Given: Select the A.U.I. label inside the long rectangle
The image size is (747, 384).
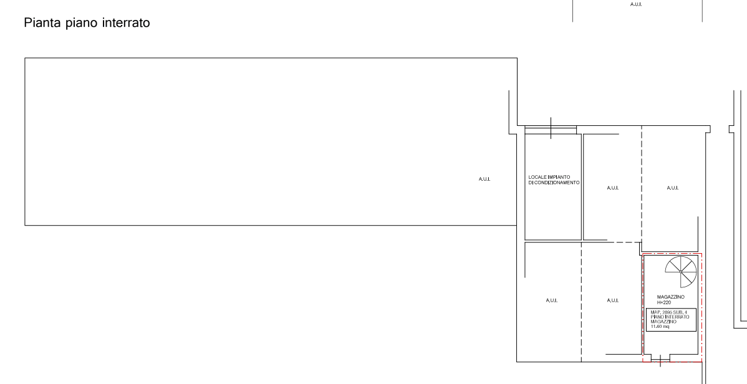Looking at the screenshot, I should click(484, 179).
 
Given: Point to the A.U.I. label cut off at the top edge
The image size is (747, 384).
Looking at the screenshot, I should click(636, 4).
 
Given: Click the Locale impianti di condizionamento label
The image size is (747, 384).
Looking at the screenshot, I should click(554, 180).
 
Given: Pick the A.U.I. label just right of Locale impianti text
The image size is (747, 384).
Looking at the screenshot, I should click(612, 188).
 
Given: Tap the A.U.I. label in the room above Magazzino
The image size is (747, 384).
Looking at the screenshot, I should click(672, 188).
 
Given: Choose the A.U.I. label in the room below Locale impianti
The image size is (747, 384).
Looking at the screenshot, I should click(551, 300).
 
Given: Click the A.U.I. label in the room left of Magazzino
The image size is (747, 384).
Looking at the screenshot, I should click(612, 300).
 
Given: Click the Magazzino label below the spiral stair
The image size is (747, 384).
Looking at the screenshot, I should click(671, 297).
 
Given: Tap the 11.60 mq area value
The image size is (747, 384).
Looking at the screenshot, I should click(659, 326).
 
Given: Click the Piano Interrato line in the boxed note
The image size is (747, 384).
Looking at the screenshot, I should click(670, 317).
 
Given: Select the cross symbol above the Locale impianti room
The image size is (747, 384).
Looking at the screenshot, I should click(551, 128).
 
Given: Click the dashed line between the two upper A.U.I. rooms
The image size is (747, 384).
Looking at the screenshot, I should click(641, 187).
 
